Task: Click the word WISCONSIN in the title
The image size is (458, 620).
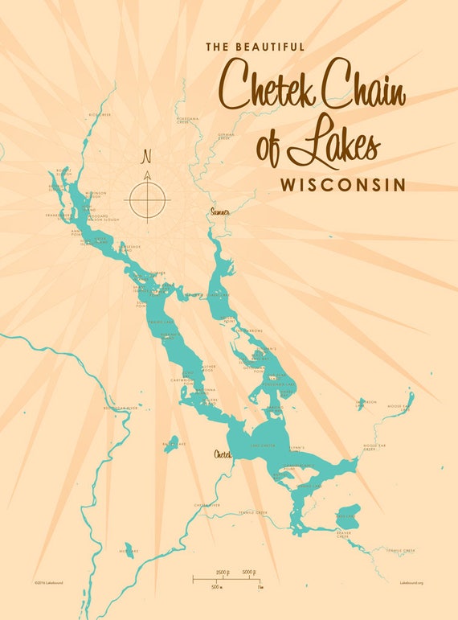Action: pyautogui.click(x=342, y=184)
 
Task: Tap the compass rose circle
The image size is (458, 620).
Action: pyautogui.click(x=148, y=197)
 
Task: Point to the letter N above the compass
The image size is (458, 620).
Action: pyautogui.click(x=146, y=156)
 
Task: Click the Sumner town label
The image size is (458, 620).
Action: pyautogui.click(x=219, y=211)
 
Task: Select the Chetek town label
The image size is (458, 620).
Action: pyautogui.click(x=222, y=455)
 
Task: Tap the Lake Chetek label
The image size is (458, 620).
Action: pyautogui.click(x=263, y=445)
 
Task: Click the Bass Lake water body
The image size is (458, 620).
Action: pyautogui.click(x=171, y=445)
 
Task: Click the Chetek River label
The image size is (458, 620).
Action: pyautogui.click(x=207, y=505)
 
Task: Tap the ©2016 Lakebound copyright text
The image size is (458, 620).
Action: pyautogui.click(x=49, y=581)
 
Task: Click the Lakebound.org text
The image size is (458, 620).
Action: pyautogui.click(x=411, y=581)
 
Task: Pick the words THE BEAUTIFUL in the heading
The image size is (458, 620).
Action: pyautogui.click(x=255, y=47)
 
